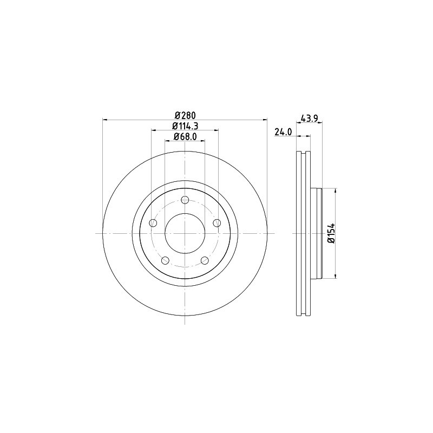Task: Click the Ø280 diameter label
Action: [x=185, y=115]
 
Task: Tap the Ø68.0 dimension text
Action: [x=185, y=136]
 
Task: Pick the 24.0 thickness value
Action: [x=283, y=132]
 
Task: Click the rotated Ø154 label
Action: [x=331, y=233]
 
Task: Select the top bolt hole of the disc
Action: [x=185, y=200]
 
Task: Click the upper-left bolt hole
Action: [x=153, y=223]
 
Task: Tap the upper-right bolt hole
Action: [x=217, y=222]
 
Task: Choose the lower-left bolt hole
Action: [x=165, y=260]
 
